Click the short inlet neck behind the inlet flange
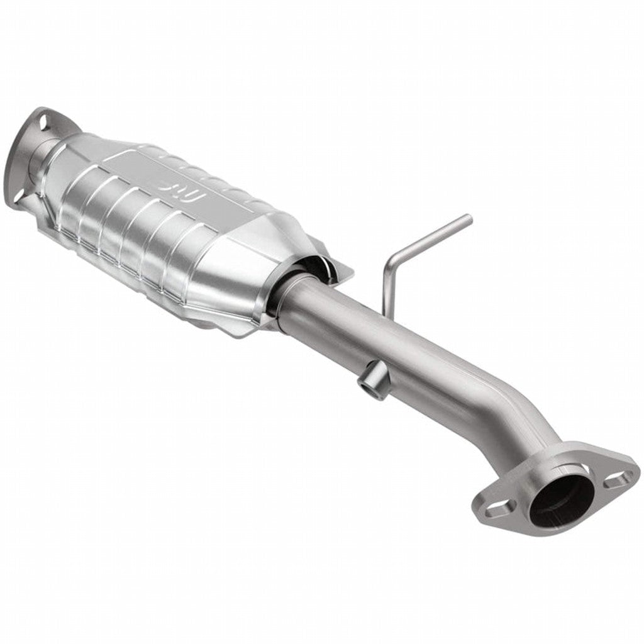[x=38, y=151]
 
